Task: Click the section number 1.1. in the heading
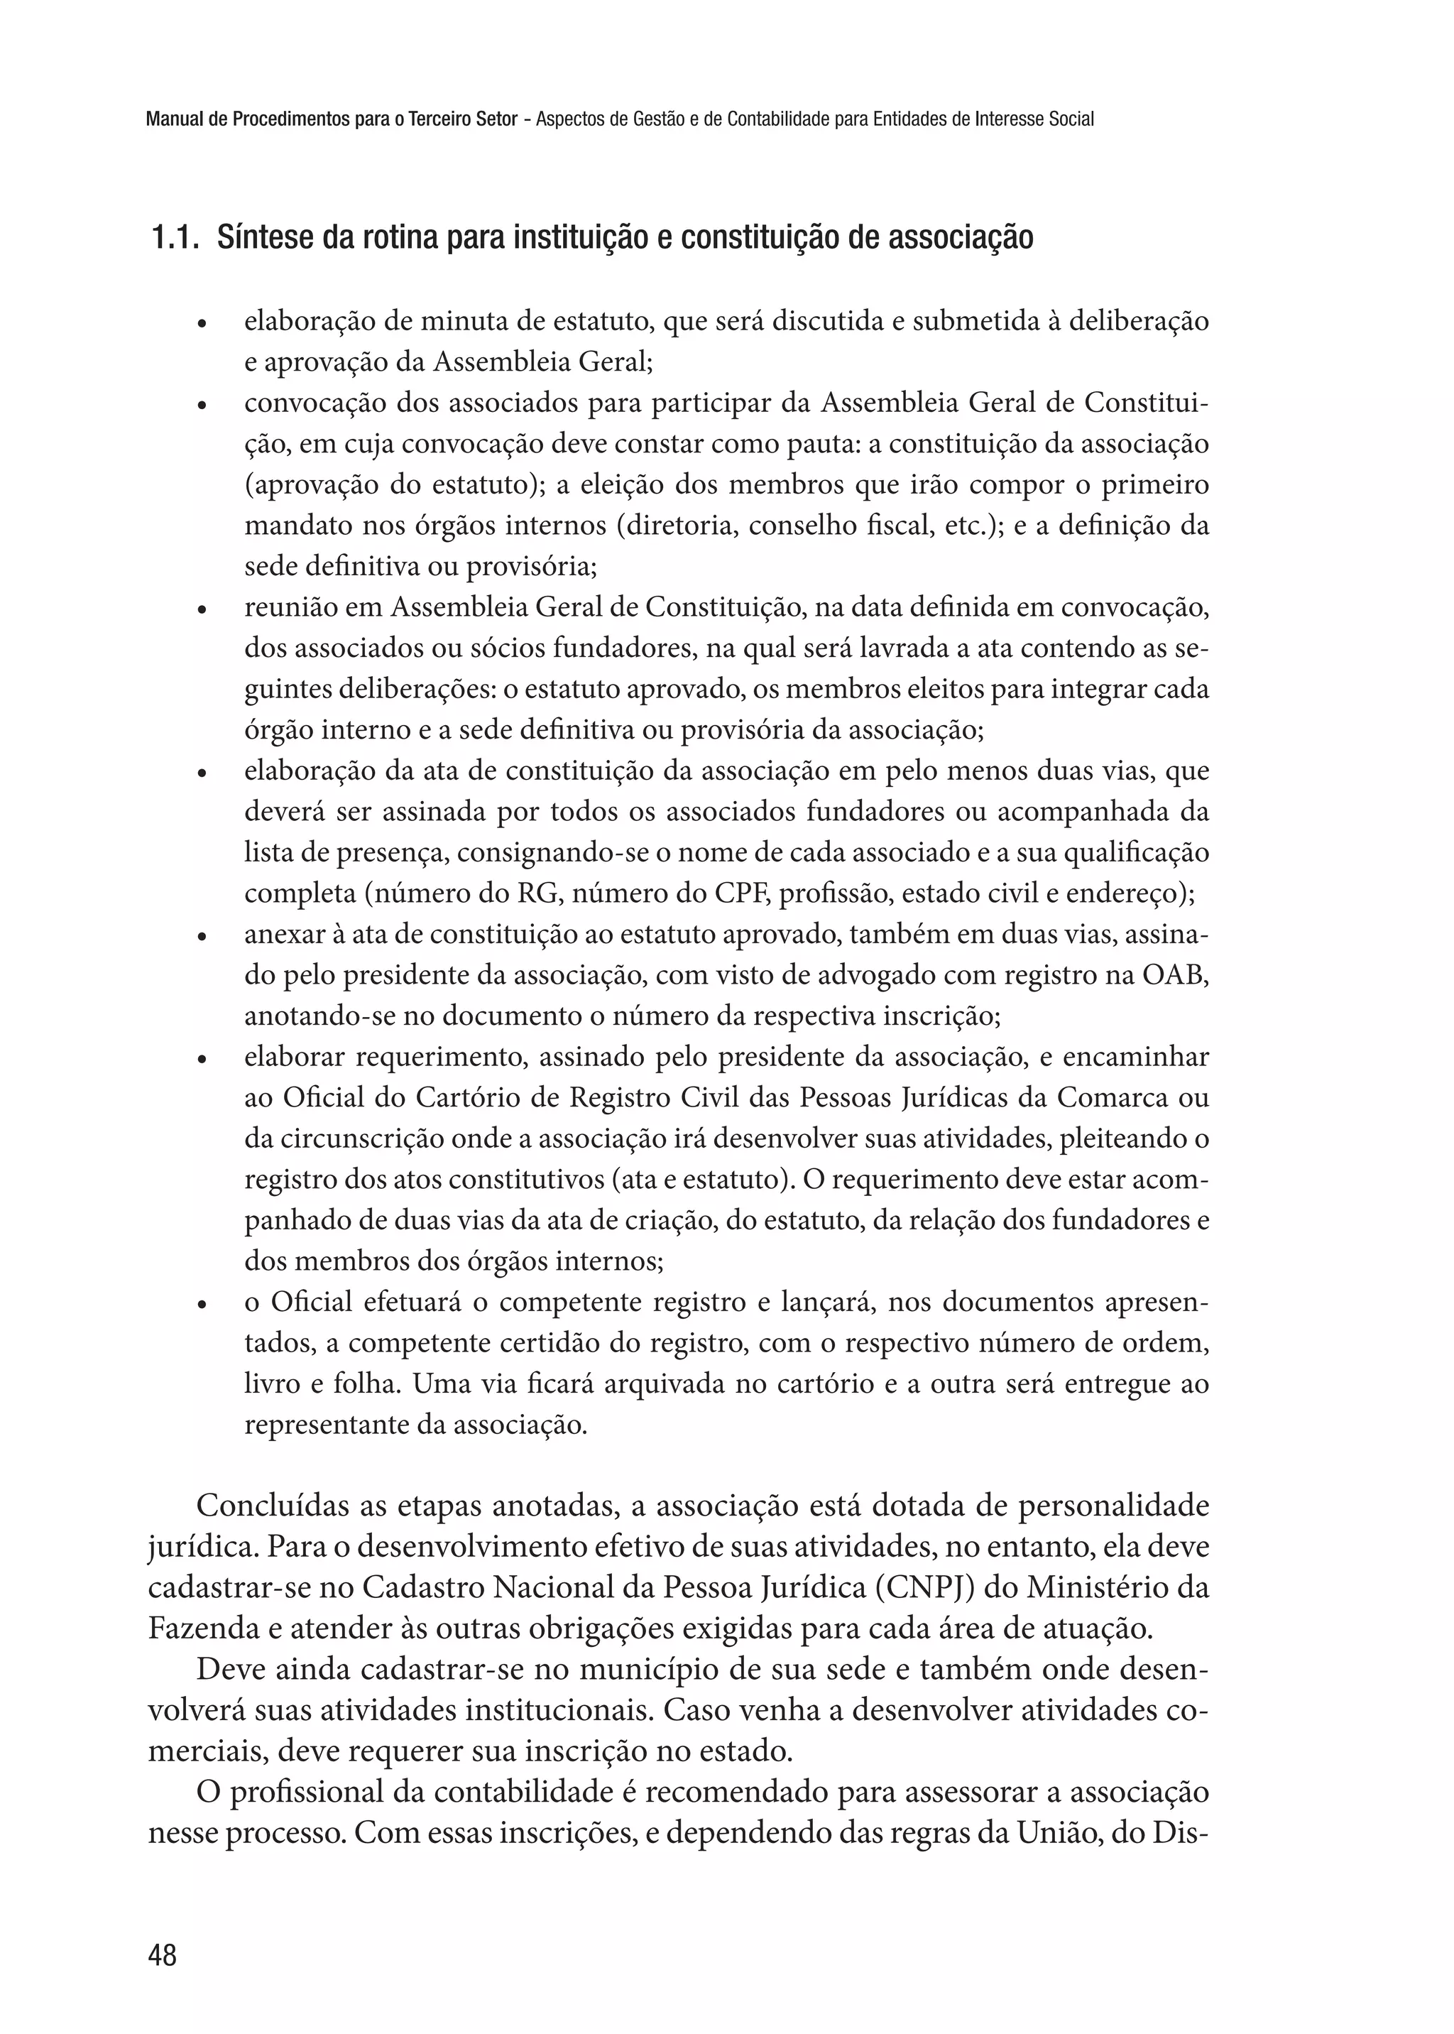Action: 175,238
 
